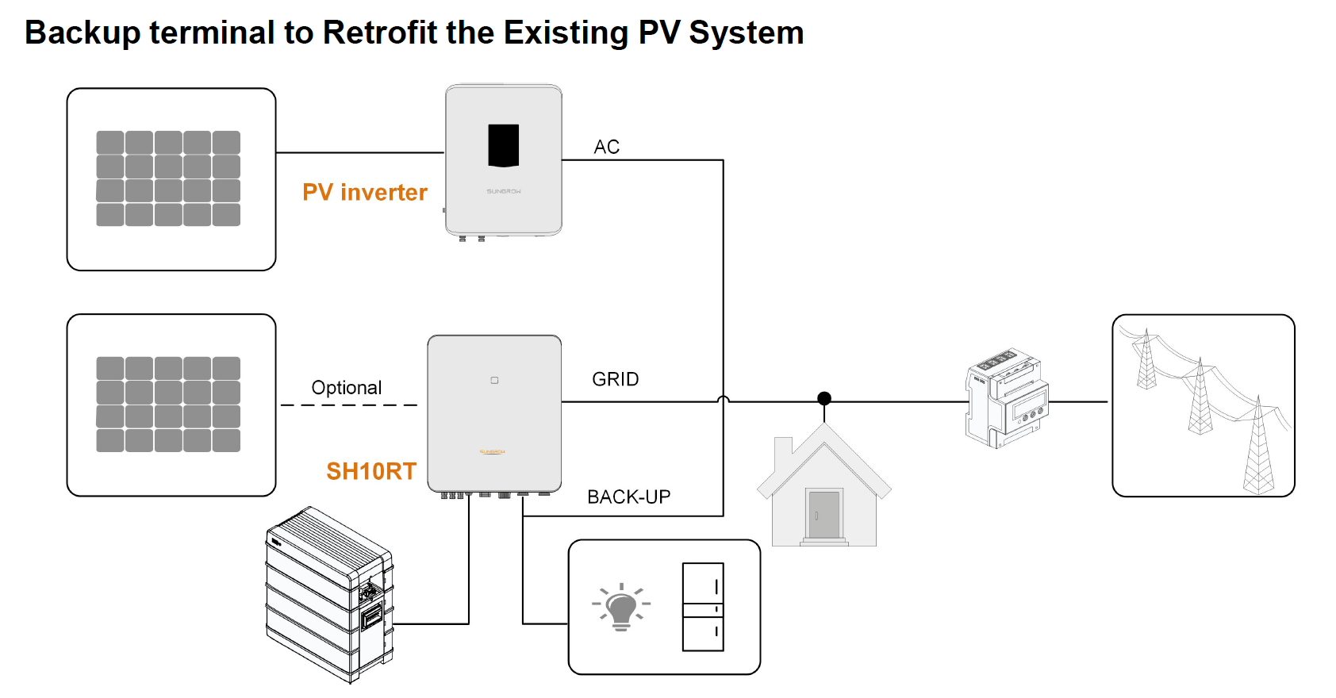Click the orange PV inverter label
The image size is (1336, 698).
point(365,193)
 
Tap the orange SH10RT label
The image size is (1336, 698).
point(371,472)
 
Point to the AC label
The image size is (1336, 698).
point(607,148)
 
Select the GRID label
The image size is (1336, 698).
point(616,380)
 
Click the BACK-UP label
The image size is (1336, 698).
point(629,497)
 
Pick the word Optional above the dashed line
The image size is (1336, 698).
point(347,388)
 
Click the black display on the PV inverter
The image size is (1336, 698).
point(504,145)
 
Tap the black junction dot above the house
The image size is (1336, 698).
point(824,398)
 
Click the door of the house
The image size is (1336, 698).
point(824,515)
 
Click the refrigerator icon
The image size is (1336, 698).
point(703,607)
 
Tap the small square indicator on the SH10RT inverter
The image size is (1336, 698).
point(494,381)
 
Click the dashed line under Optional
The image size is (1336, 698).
point(349,405)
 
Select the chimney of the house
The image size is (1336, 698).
point(784,451)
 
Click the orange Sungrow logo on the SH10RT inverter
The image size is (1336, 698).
point(493,452)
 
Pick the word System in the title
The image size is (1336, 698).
point(747,33)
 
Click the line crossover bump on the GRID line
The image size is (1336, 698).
point(724,401)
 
